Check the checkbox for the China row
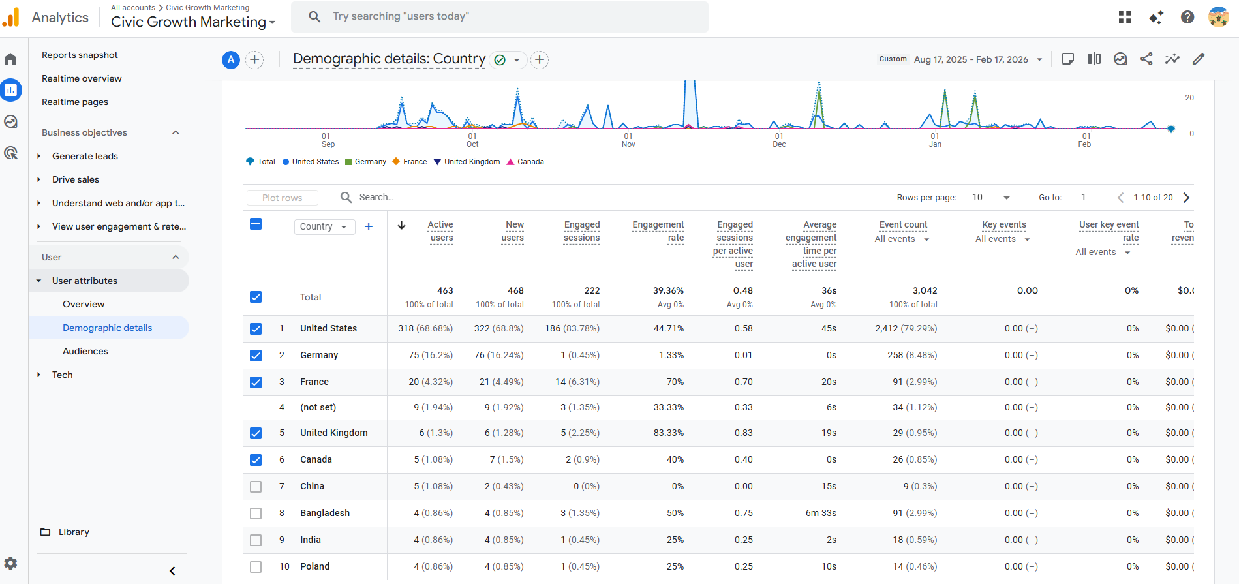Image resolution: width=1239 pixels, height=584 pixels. coord(256,487)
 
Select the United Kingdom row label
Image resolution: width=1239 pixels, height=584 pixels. coord(334,433)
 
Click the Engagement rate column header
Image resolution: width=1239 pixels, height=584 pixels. coord(658,231)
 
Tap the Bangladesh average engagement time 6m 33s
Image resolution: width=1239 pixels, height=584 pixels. coord(821,513)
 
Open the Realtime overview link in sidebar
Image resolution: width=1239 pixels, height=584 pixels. coord(82,78)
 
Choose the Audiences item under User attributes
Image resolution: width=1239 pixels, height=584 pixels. coord(85,351)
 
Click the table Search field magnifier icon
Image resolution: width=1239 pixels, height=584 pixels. coord(346,197)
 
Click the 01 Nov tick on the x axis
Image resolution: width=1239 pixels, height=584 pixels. coord(628,140)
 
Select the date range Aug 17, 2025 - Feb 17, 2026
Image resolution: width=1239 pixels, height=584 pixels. coord(971,59)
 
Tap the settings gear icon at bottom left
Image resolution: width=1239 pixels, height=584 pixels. coord(11,563)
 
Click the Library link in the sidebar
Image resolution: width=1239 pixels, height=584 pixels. coord(74,532)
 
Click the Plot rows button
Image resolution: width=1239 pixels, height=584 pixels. coord(283,198)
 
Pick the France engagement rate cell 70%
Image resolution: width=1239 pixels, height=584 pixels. coord(675,382)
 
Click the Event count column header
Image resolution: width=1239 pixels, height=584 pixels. coord(903,224)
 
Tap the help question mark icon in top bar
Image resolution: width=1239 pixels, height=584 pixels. coord(1187,17)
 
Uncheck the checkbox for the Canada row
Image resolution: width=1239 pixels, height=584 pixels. coord(256,460)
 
